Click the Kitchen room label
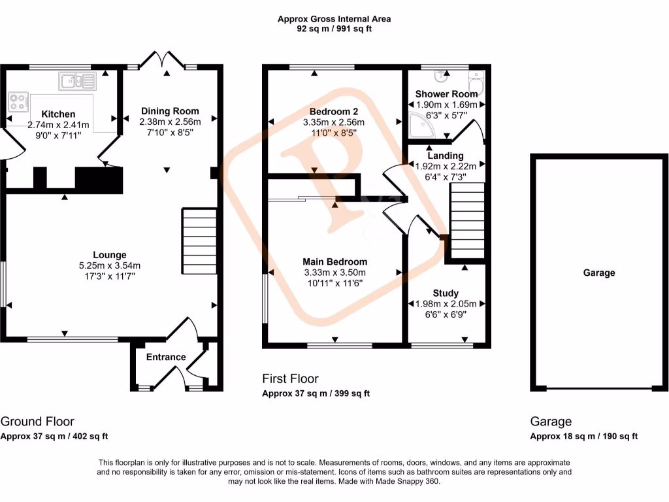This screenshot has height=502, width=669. [x=58, y=114]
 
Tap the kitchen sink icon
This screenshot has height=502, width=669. [x=77, y=82]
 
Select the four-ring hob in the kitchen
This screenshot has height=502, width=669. [x=18, y=102]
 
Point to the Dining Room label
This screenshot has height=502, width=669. [x=169, y=111]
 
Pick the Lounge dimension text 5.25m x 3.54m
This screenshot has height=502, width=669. [x=109, y=265]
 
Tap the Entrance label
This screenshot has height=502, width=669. [x=165, y=357]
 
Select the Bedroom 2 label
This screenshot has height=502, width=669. [x=333, y=111]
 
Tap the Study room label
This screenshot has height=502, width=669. [x=446, y=293]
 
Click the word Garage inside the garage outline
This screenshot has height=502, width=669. [x=599, y=273]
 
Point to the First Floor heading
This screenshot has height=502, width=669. [x=290, y=378]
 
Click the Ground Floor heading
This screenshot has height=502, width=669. [x=37, y=422]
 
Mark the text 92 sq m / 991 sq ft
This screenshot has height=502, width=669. [x=334, y=29]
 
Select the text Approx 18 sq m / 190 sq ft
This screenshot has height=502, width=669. [x=583, y=437]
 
